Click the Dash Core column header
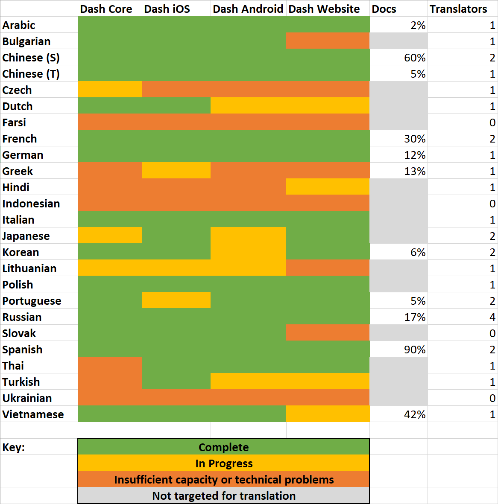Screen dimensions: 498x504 (106, 9)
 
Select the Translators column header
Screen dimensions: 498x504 (458, 9)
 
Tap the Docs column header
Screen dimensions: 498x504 (384, 9)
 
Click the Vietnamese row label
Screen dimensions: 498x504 (33, 414)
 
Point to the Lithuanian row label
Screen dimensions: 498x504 (29, 268)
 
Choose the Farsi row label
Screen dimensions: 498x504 (14, 122)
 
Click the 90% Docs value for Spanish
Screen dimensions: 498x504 (415, 350)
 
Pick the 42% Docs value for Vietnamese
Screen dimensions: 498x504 (415, 414)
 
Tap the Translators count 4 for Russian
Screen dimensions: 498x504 (492, 317)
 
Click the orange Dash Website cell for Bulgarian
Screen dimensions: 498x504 (328, 41)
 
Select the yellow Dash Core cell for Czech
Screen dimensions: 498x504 (110, 89)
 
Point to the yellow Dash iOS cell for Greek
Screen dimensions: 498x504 (176, 170)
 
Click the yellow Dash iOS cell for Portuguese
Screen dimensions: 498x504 (176, 300)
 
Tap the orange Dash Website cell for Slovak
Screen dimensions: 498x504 (328, 333)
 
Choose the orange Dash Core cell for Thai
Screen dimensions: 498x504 (110, 365)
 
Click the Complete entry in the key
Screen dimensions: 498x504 (223, 447)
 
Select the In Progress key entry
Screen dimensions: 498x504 (224, 463)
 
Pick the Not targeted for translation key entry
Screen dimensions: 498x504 (224, 495)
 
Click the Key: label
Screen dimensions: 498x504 (14, 447)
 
